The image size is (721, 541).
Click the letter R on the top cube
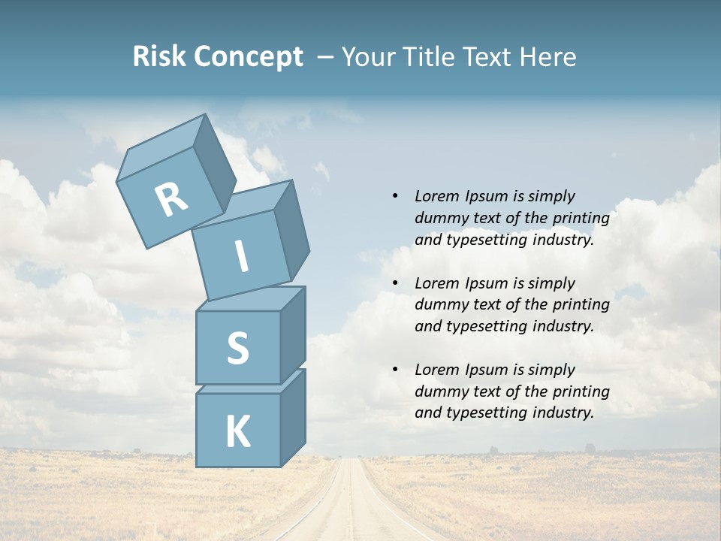pos(171,200)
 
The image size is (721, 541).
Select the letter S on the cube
pos(237,348)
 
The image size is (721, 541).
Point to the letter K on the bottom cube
pos(237,432)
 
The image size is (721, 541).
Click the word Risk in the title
pos(159,56)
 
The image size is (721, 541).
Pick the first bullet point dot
pos(396,197)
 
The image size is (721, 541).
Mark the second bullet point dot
pos(396,284)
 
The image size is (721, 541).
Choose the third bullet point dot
pos(396,370)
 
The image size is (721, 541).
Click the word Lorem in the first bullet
pos(436,196)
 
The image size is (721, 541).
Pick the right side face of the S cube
pos(293,334)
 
